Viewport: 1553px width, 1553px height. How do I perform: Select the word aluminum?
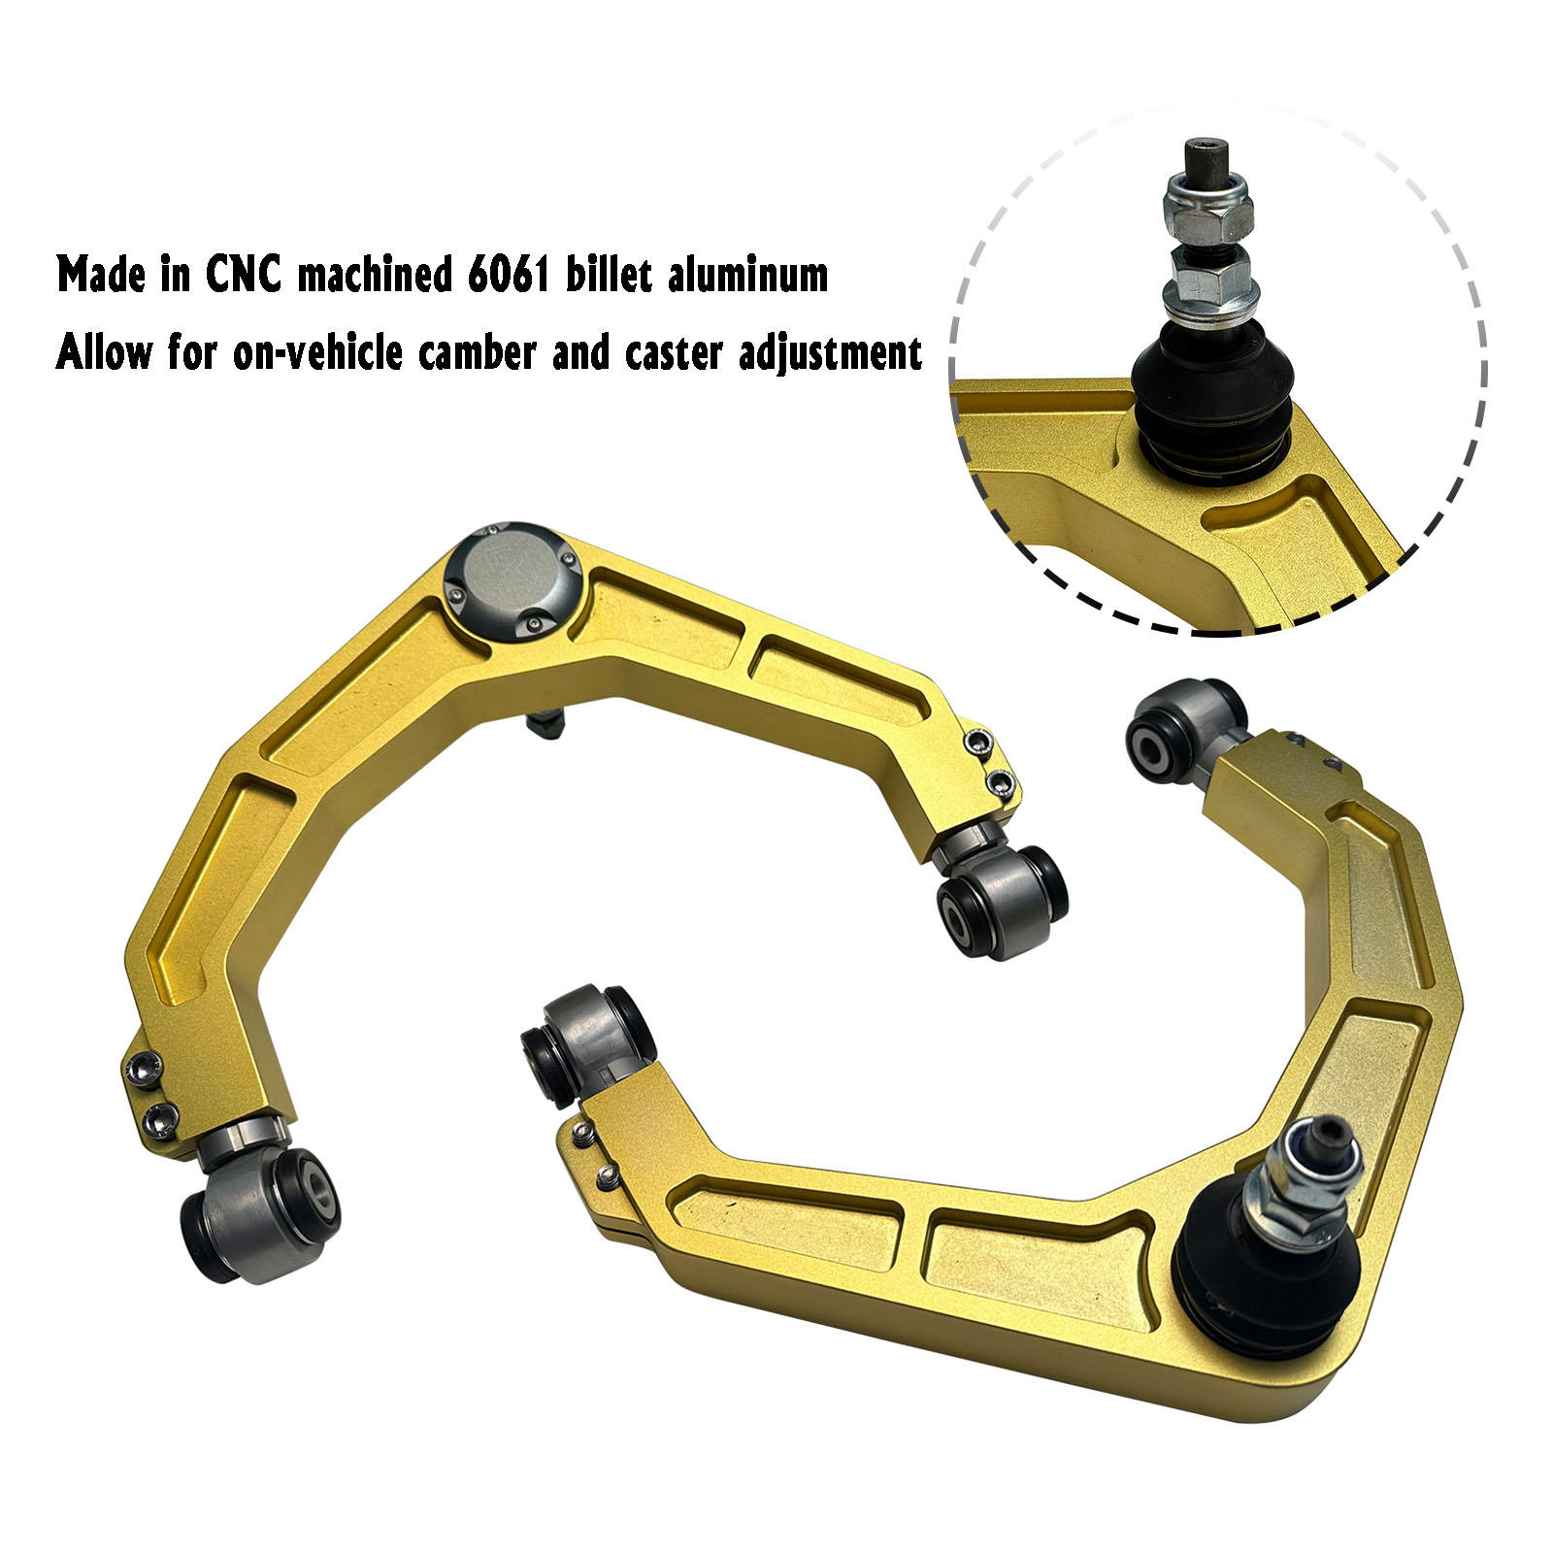(x=747, y=275)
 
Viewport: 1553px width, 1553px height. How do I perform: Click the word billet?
(x=610, y=275)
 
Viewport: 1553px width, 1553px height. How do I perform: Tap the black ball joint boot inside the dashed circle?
(x=1211, y=400)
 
